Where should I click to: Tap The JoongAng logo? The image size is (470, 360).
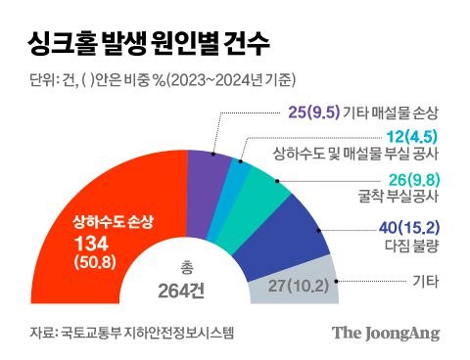tap(385, 333)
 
